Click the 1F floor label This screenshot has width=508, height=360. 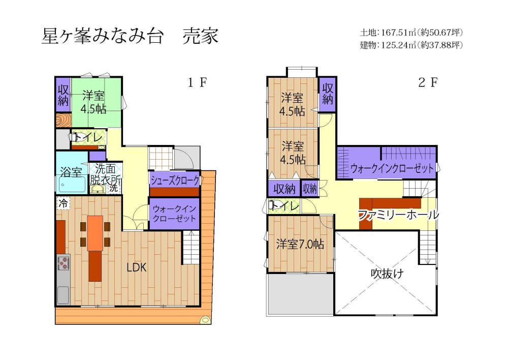point(197,83)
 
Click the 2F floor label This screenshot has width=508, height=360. point(428,83)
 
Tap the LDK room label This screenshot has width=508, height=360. point(136,267)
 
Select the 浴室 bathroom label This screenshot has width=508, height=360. point(71,172)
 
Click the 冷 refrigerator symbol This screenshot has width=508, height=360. point(63,203)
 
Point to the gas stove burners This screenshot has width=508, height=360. point(63,262)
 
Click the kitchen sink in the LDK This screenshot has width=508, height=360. point(63,294)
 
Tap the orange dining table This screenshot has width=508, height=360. point(95,233)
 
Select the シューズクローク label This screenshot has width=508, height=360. point(175,181)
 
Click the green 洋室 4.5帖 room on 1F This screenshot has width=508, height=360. point(97,103)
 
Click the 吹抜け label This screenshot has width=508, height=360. point(387,274)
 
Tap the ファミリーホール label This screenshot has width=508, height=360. point(398,215)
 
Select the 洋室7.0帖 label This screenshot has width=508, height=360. point(300,244)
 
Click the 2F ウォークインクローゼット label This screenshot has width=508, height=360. point(392,168)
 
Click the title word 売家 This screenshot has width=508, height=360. point(201,36)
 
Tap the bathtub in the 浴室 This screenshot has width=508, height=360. point(72,185)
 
